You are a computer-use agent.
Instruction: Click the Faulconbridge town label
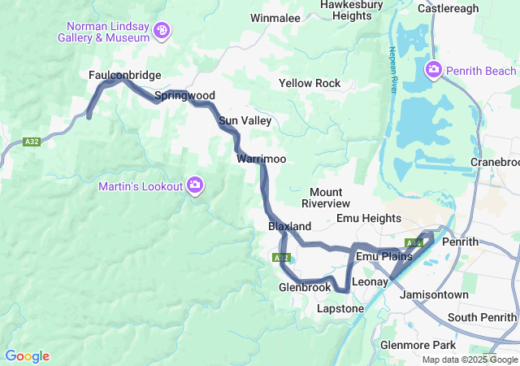[124, 75]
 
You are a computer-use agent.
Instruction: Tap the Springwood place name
[184, 95]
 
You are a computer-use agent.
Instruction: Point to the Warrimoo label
[261, 159]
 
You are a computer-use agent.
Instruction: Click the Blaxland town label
[289, 225]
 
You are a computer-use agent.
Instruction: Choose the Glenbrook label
[305, 287]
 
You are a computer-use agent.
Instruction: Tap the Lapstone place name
[340, 309]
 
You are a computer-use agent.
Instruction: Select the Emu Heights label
[368, 218]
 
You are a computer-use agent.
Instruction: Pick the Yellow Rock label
[310, 83]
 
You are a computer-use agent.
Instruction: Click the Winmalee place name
[275, 17]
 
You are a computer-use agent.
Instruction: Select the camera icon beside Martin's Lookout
[195, 186]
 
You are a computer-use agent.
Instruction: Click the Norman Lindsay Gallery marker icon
[163, 31]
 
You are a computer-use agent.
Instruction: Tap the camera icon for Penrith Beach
[434, 70]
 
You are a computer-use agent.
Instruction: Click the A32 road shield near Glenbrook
[280, 258]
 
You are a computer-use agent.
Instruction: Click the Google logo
[27, 355]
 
